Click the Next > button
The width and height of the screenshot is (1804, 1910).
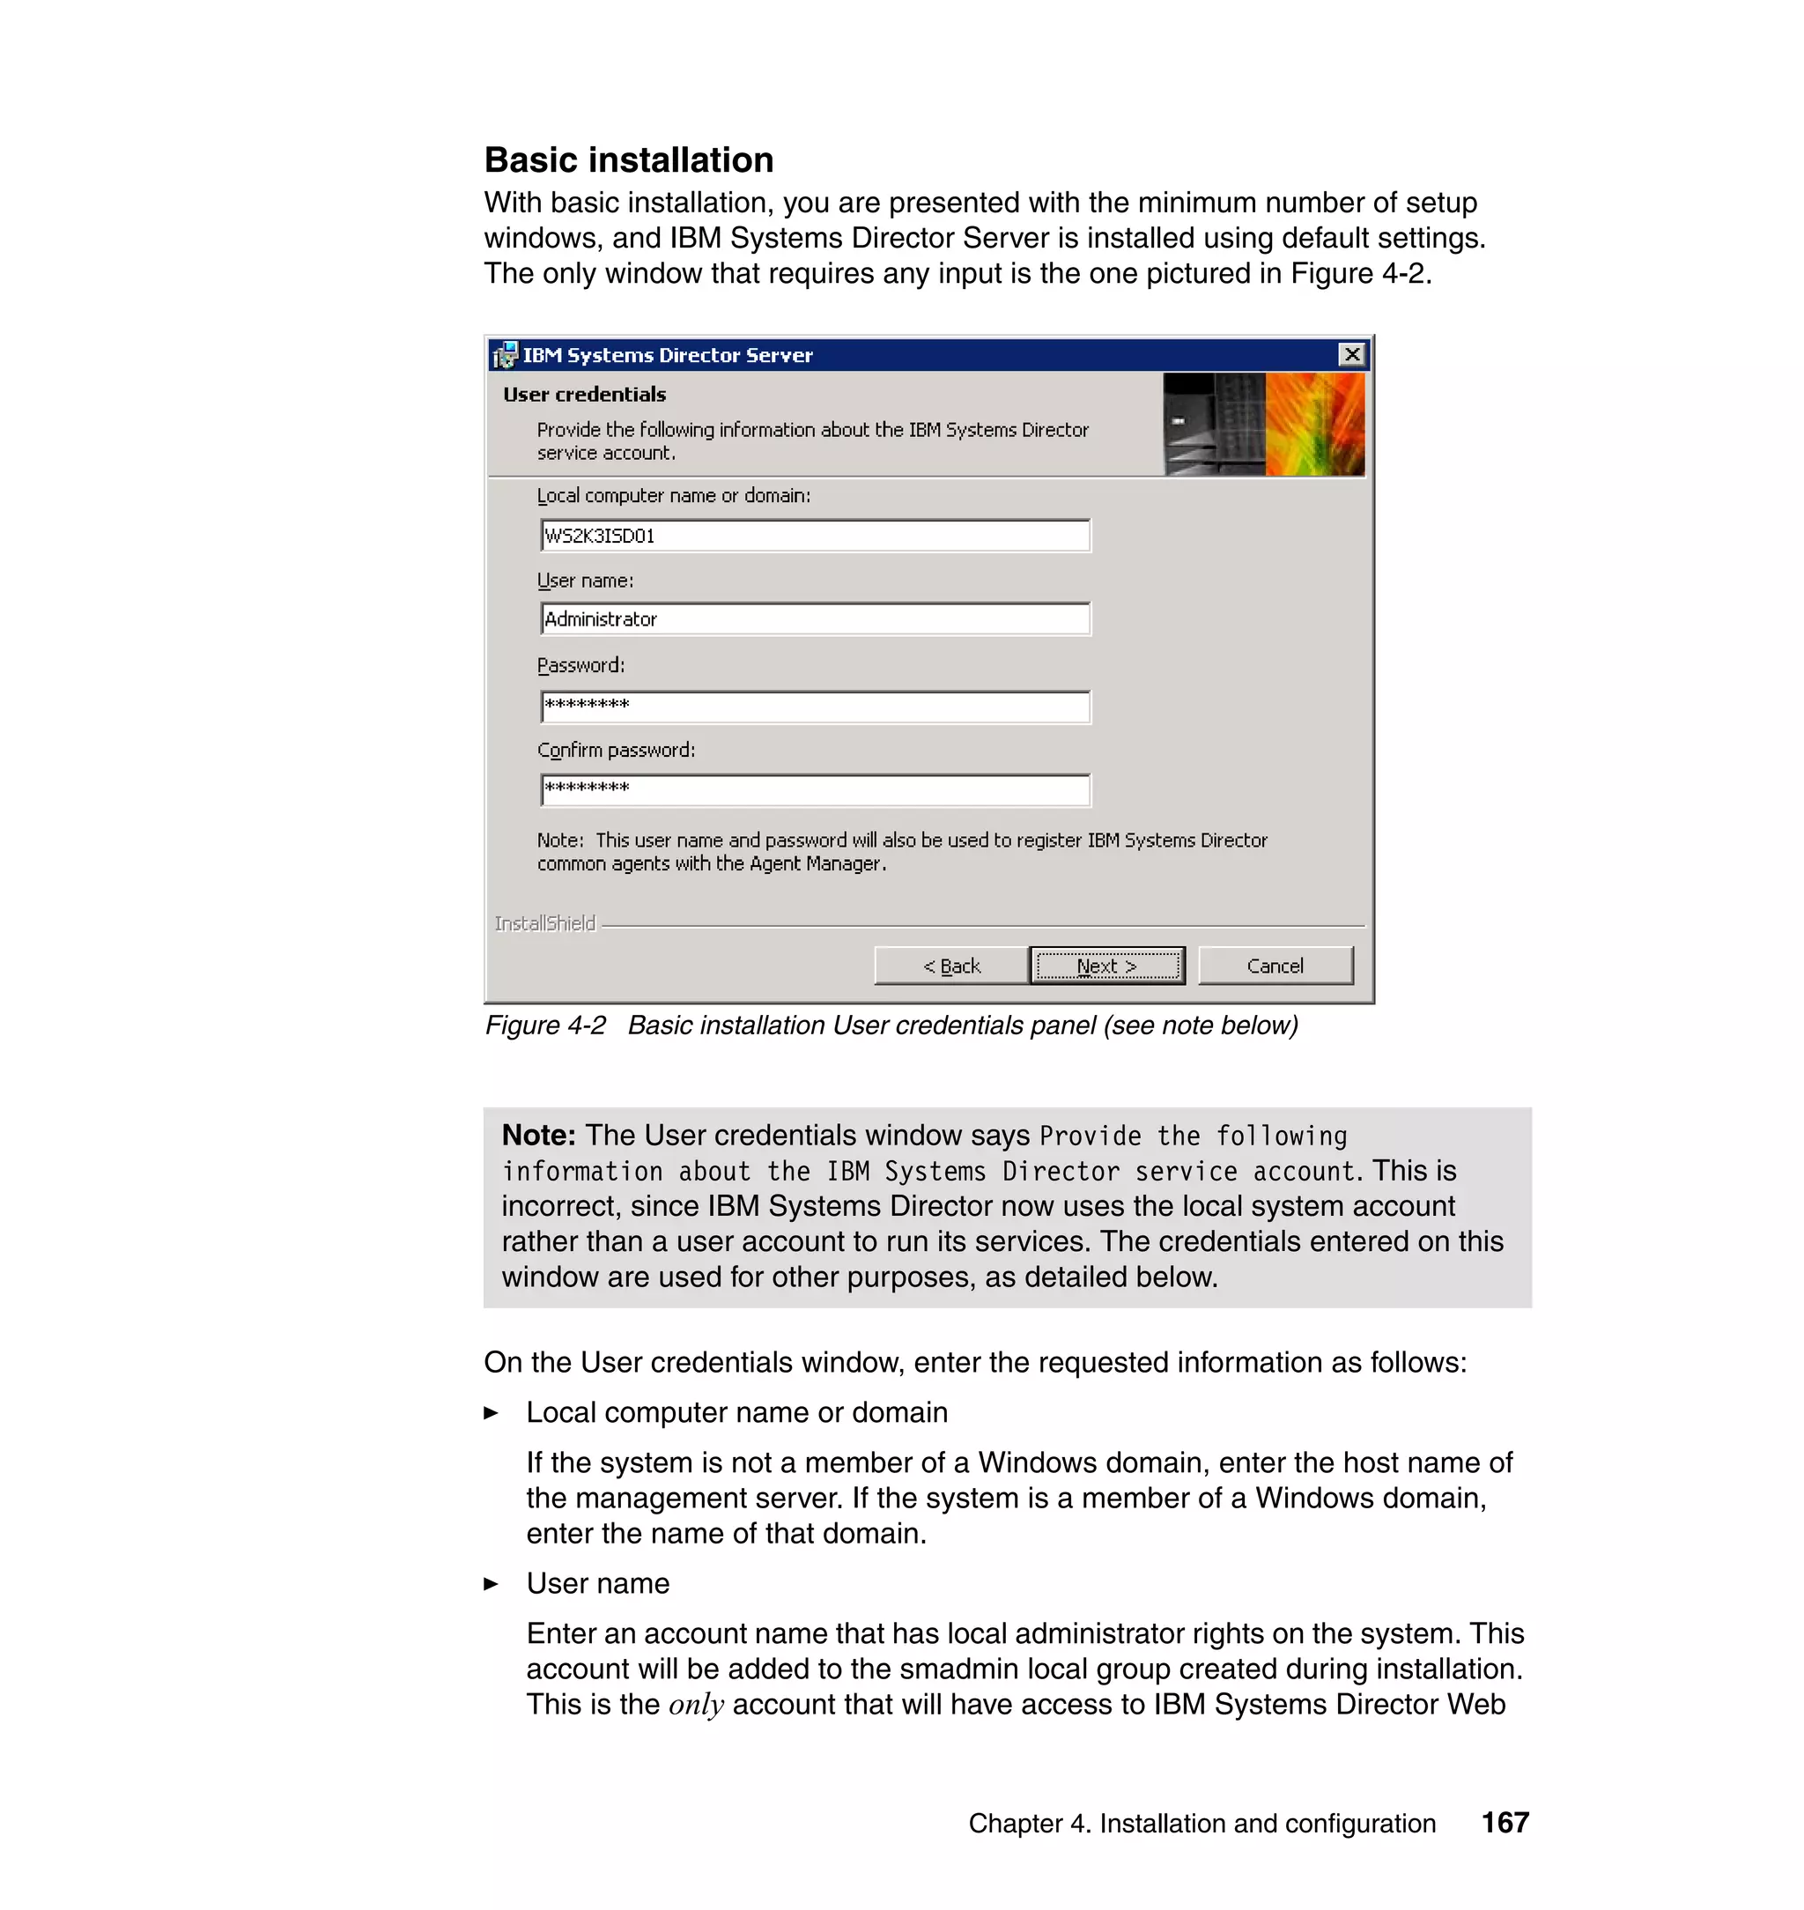[x=1107, y=966]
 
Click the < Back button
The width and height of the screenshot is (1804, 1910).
[x=951, y=966]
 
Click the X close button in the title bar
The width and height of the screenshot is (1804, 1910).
[x=1352, y=355]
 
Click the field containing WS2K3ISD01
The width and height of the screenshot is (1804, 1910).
[x=816, y=536]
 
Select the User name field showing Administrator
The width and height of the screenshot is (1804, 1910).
[x=816, y=619]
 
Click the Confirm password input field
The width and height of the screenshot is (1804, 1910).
[x=816, y=789]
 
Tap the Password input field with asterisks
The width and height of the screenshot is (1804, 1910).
[x=816, y=706]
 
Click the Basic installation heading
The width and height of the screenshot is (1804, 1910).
[x=629, y=159]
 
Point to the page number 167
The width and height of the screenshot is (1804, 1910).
[x=1505, y=1823]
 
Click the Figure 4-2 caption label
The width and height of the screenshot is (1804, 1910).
[x=545, y=1025]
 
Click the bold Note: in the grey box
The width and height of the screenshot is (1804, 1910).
[x=538, y=1135]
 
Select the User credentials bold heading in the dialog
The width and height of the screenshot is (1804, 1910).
[x=585, y=395]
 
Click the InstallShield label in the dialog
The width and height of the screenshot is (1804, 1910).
[x=545, y=923]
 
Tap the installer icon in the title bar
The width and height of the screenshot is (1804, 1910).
[x=505, y=356]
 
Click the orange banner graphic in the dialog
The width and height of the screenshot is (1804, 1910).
[x=1313, y=424]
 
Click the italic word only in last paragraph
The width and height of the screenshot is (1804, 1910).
[x=696, y=1705]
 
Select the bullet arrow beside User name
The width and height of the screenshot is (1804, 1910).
[x=492, y=1584]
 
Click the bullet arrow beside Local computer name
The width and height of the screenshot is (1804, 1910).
[x=492, y=1413]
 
